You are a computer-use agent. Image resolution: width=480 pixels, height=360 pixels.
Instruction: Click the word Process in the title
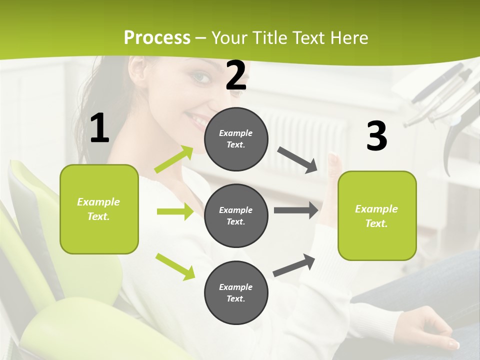click(157, 38)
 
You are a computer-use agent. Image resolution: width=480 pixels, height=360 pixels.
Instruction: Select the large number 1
click(99, 128)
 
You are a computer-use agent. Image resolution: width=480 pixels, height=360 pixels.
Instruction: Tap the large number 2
click(236, 75)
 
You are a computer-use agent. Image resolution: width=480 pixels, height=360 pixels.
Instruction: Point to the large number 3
click(376, 136)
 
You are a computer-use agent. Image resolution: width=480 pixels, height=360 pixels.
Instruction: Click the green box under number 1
click(99, 209)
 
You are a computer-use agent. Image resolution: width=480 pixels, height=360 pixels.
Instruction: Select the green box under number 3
click(377, 215)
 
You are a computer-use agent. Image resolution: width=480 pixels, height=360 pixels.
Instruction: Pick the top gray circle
click(236, 139)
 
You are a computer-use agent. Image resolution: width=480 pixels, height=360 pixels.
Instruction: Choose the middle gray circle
click(236, 215)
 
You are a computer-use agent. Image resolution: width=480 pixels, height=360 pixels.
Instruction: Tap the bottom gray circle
click(236, 292)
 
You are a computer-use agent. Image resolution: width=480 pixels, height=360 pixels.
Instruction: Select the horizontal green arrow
click(175, 211)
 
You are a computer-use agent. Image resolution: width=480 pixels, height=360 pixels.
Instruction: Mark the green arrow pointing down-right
click(175, 266)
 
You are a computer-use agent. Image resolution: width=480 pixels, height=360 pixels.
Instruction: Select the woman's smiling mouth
click(196, 120)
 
